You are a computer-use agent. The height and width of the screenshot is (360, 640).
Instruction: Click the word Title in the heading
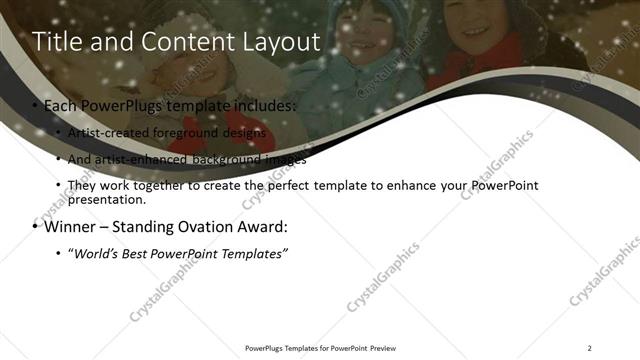[x=57, y=42]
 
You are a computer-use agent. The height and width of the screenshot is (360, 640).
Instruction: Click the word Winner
[x=70, y=226]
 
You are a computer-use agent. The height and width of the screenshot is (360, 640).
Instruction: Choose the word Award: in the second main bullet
[x=259, y=226]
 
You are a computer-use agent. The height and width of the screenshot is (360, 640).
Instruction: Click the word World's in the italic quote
[x=98, y=254]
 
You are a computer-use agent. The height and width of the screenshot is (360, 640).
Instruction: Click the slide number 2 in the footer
[x=590, y=347]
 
